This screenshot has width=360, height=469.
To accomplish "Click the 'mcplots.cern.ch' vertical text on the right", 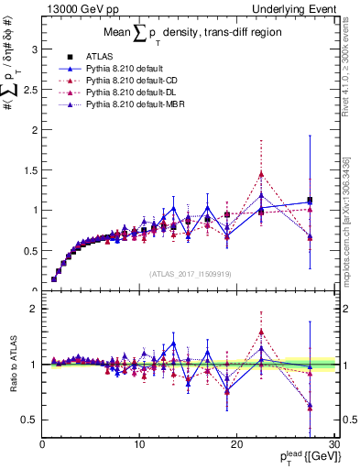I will coord(351,229).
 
